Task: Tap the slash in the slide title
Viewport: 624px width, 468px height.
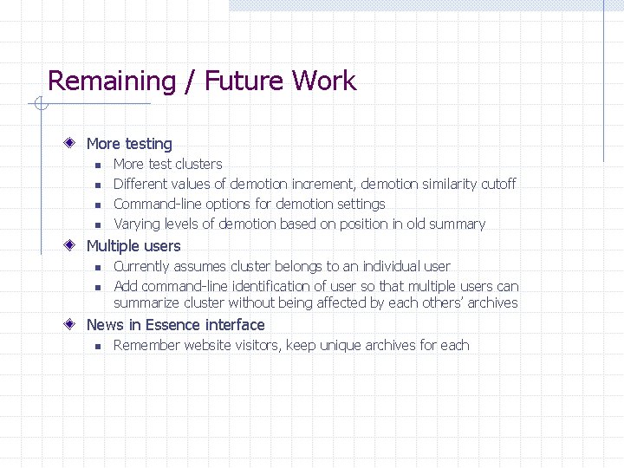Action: click(x=189, y=81)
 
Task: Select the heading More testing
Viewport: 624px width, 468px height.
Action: click(x=129, y=144)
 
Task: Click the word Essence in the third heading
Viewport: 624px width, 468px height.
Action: click(x=172, y=325)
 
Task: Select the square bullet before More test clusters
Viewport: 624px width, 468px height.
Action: click(x=99, y=165)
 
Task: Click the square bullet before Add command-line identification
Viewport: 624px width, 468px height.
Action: click(x=99, y=287)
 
